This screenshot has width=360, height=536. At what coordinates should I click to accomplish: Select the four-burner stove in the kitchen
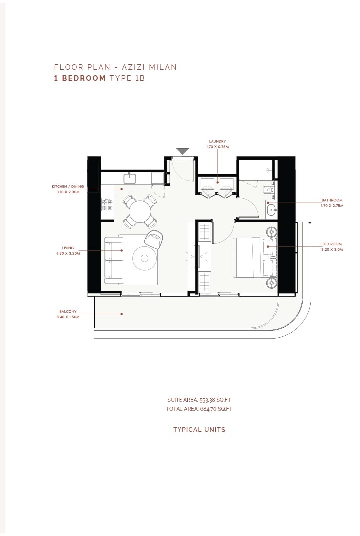coord(107,205)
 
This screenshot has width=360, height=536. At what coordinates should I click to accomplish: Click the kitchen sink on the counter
coord(130,178)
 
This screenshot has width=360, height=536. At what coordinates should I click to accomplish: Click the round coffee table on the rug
coord(144,258)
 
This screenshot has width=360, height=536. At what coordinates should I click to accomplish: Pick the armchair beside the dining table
coord(153,239)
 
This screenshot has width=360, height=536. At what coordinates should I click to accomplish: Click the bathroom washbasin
coord(271,210)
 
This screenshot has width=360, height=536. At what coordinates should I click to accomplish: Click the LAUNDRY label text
coord(217,141)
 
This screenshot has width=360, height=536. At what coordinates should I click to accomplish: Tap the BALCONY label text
coord(68,312)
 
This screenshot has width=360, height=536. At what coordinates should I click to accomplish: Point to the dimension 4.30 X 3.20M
coord(68,254)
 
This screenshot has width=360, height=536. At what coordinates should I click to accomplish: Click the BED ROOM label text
coord(332,244)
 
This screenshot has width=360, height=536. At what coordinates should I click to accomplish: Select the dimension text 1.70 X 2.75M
coord(332,206)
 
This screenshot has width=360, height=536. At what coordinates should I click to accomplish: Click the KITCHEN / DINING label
coord(68,187)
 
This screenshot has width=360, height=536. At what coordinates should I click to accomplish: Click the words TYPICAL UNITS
coord(199,430)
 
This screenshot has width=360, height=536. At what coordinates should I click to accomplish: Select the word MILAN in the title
coord(163,67)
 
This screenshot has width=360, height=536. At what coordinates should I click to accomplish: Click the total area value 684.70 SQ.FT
coord(216,409)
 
